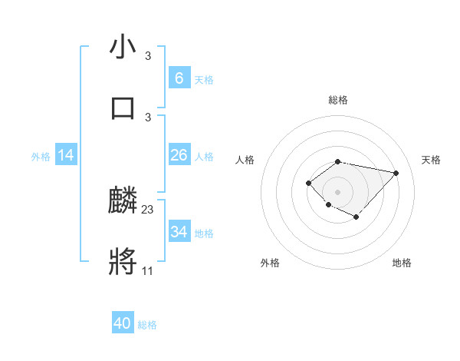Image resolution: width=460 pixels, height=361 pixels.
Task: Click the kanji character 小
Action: coord(123,47)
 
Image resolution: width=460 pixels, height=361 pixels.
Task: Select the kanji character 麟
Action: coord(123,200)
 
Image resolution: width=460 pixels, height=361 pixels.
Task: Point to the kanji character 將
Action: coord(123,262)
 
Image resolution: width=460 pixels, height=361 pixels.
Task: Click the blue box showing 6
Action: coord(179,78)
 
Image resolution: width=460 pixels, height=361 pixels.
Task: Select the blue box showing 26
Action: coord(179,155)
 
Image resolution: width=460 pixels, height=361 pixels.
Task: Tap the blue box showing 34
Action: coord(179,232)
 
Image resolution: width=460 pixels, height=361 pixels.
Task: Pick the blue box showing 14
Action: coord(66,155)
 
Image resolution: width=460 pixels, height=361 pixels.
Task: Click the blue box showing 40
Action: coord(123,323)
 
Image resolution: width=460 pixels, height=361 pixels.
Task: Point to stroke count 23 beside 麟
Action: coord(148,209)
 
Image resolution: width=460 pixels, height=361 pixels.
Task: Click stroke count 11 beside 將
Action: coord(147,270)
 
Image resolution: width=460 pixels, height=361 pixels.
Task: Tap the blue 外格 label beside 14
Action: coord(41,156)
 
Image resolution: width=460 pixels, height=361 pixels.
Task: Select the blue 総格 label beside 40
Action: coord(147,325)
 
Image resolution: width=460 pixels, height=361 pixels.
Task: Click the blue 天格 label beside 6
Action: coord(203,79)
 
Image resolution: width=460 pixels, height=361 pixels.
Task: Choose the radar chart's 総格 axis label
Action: coord(337,100)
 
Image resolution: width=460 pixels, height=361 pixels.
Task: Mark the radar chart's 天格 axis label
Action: coord(432,160)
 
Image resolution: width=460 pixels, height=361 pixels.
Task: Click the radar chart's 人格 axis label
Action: coord(245,160)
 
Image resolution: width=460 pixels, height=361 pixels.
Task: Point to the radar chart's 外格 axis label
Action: coord(270,263)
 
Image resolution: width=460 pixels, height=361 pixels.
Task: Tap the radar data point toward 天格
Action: coord(396,173)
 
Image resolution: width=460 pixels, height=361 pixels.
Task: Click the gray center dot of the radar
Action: coord(337,191)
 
